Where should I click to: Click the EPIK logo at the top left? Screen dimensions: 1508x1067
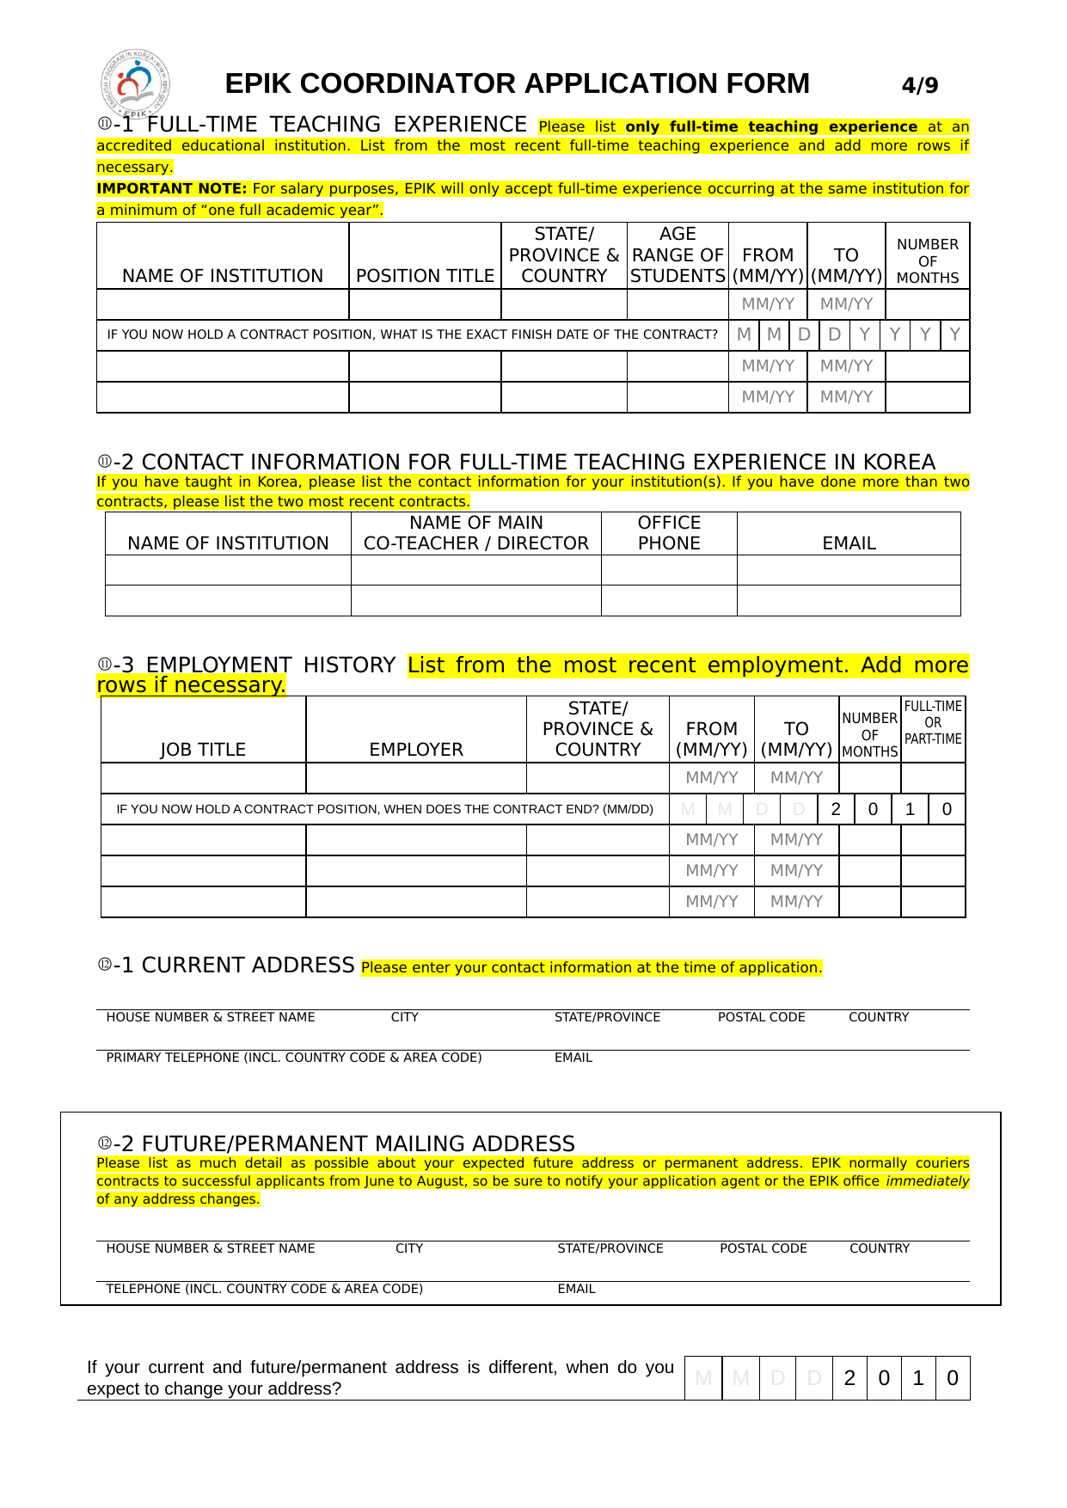pyautogui.click(x=134, y=83)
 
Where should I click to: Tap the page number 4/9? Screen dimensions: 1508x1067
pyautogui.click(x=920, y=85)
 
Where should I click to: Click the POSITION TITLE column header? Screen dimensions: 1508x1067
pyautogui.click(x=425, y=276)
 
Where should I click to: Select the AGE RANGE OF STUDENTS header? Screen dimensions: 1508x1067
pyautogui.click(x=678, y=255)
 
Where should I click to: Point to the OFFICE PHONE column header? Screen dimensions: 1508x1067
pyautogui.click(x=669, y=533)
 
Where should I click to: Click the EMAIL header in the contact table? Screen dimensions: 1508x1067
pyautogui.click(x=849, y=543)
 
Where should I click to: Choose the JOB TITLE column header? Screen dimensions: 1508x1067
pyautogui.click(x=203, y=750)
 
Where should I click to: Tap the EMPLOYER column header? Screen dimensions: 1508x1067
pyautogui.click(x=416, y=750)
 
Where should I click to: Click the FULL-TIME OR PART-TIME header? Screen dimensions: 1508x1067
pyautogui.click(x=933, y=723)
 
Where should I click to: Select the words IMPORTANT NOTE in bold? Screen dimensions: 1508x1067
pyautogui.click(x=172, y=189)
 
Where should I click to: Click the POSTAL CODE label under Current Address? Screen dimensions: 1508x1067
pyautogui.click(x=761, y=1017)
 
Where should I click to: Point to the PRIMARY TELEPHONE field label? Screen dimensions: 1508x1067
pyautogui.click(x=293, y=1057)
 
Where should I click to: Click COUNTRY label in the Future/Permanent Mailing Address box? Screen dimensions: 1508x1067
pyautogui.click(x=879, y=1248)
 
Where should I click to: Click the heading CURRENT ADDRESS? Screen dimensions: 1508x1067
pyautogui.click(x=248, y=965)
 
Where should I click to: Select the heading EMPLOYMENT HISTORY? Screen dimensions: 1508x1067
pyautogui.click(x=270, y=665)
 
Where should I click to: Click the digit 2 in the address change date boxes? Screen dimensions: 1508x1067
pyautogui.click(x=849, y=1378)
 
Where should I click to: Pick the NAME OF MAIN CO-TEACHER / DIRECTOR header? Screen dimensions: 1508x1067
pyautogui.click(x=475, y=533)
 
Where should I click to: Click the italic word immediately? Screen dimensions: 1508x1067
pyautogui.click(x=927, y=1181)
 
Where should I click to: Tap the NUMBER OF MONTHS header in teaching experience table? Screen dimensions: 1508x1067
pyautogui.click(x=927, y=261)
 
